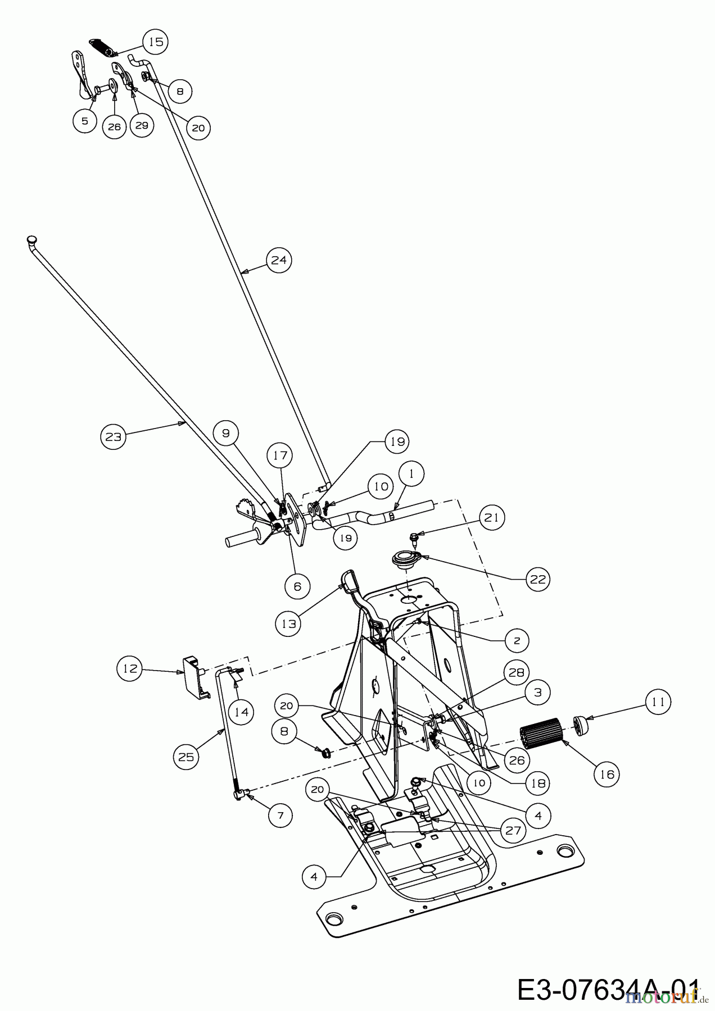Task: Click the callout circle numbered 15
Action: pyautogui.click(x=156, y=42)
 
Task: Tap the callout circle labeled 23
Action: pyautogui.click(x=114, y=436)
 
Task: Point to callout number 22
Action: pyautogui.click(x=538, y=579)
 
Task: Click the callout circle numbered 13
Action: pyautogui.click(x=289, y=623)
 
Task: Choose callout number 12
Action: pyautogui.click(x=130, y=670)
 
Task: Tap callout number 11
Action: pyautogui.click(x=659, y=702)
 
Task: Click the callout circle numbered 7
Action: pyautogui.click(x=280, y=814)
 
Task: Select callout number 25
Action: pyautogui.click(x=185, y=757)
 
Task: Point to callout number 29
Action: pyautogui.click(x=142, y=125)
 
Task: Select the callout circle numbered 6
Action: pyautogui.click(x=297, y=586)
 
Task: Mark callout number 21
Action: pyautogui.click(x=492, y=517)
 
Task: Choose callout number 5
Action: pyautogui.click(x=85, y=121)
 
